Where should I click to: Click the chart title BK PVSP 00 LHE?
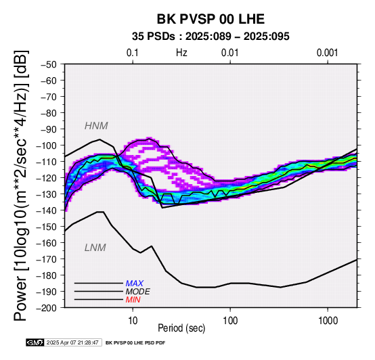[211, 19]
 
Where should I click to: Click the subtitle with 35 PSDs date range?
[211, 37]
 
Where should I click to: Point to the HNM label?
[96, 126]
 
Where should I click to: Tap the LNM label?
[95, 248]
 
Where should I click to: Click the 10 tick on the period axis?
[133, 321]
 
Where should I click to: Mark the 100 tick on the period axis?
[230, 321]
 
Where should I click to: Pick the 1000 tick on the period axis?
[328, 321]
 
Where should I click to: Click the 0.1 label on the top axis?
[133, 53]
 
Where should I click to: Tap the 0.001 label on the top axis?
[327, 53]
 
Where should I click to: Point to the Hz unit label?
[181, 53]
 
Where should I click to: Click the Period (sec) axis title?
[181, 328]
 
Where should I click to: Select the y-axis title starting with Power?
[21, 185]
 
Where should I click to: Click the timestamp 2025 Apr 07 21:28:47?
[72, 342]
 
